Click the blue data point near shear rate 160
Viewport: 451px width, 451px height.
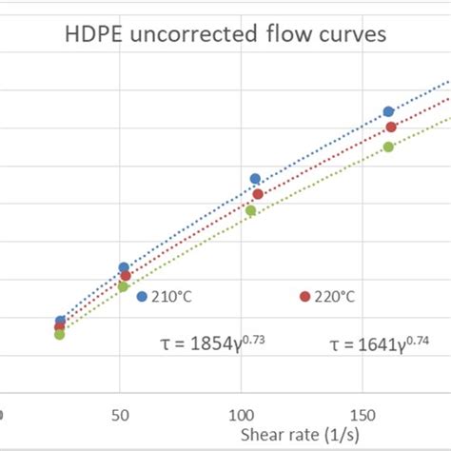(x=388, y=111)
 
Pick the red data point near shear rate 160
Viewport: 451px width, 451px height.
(x=391, y=127)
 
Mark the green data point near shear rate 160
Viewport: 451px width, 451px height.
(x=388, y=147)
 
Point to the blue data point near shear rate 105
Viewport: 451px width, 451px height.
(x=255, y=179)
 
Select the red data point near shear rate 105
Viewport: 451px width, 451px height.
(x=258, y=194)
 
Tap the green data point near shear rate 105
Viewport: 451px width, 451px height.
(x=251, y=210)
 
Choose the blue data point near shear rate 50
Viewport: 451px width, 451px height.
(x=124, y=267)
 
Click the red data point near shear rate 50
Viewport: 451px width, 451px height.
(x=126, y=276)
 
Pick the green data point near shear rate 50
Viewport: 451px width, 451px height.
(x=123, y=286)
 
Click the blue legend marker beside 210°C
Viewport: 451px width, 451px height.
(x=142, y=297)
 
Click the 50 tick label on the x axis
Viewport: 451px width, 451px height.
(x=120, y=416)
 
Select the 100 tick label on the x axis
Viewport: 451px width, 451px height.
(x=241, y=416)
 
